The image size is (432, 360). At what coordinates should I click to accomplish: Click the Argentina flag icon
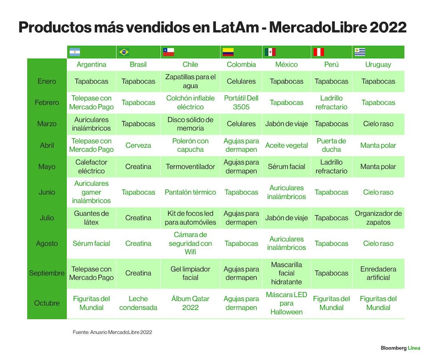click(x=75, y=52)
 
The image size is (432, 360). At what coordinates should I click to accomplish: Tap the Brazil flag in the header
click(x=124, y=52)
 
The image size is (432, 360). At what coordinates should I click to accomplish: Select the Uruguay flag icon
click(x=360, y=52)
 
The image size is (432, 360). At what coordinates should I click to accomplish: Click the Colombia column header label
click(x=241, y=64)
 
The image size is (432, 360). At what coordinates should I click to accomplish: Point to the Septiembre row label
click(x=47, y=273)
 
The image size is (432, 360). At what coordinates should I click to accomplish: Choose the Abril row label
click(x=47, y=145)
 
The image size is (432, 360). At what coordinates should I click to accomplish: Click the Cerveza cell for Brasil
click(x=138, y=145)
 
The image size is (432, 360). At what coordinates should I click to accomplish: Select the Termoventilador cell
click(x=191, y=166)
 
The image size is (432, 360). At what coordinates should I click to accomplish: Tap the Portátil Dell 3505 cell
click(x=241, y=102)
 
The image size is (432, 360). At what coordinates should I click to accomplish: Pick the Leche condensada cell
click(x=138, y=303)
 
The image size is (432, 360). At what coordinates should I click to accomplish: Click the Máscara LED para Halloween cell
click(x=286, y=303)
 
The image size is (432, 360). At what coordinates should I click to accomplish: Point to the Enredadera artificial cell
click(x=378, y=273)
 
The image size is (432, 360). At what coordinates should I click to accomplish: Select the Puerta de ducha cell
click(x=331, y=145)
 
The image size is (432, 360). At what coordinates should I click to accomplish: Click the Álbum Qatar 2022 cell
click(x=191, y=303)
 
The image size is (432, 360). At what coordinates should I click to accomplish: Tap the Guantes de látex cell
click(x=91, y=218)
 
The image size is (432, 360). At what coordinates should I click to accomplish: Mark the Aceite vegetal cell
click(x=286, y=145)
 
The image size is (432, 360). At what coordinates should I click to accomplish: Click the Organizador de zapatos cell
click(x=378, y=218)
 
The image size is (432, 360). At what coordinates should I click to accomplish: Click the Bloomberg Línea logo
click(x=400, y=348)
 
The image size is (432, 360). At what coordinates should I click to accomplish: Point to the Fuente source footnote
click(x=112, y=332)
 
